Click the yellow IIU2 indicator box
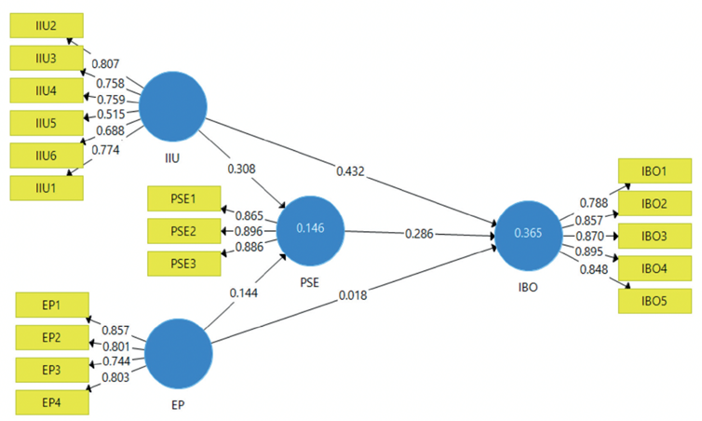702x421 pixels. click(x=47, y=25)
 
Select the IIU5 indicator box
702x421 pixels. click(x=47, y=123)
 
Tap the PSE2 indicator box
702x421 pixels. click(x=184, y=231)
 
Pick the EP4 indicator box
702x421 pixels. click(x=52, y=402)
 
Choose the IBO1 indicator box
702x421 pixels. click(x=655, y=170)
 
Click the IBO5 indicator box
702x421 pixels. click(x=655, y=301)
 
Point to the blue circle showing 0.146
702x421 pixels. click(x=310, y=231)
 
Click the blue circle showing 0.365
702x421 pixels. click(x=528, y=236)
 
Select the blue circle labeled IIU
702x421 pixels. click(x=173, y=106)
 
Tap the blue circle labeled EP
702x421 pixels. click(x=178, y=353)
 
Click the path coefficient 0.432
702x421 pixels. click(x=350, y=171)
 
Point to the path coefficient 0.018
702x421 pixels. click(x=353, y=295)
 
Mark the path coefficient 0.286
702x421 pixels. click(x=419, y=234)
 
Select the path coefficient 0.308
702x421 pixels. click(x=241, y=169)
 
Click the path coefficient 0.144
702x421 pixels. click(x=244, y=292)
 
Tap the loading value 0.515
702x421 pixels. click(x=111, y=115)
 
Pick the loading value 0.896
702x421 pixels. click(x=249, y=231)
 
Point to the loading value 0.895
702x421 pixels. click(x=588, y=251)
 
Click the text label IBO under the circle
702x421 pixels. click(x=528, y=287)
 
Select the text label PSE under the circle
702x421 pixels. click(x=309, y=282)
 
